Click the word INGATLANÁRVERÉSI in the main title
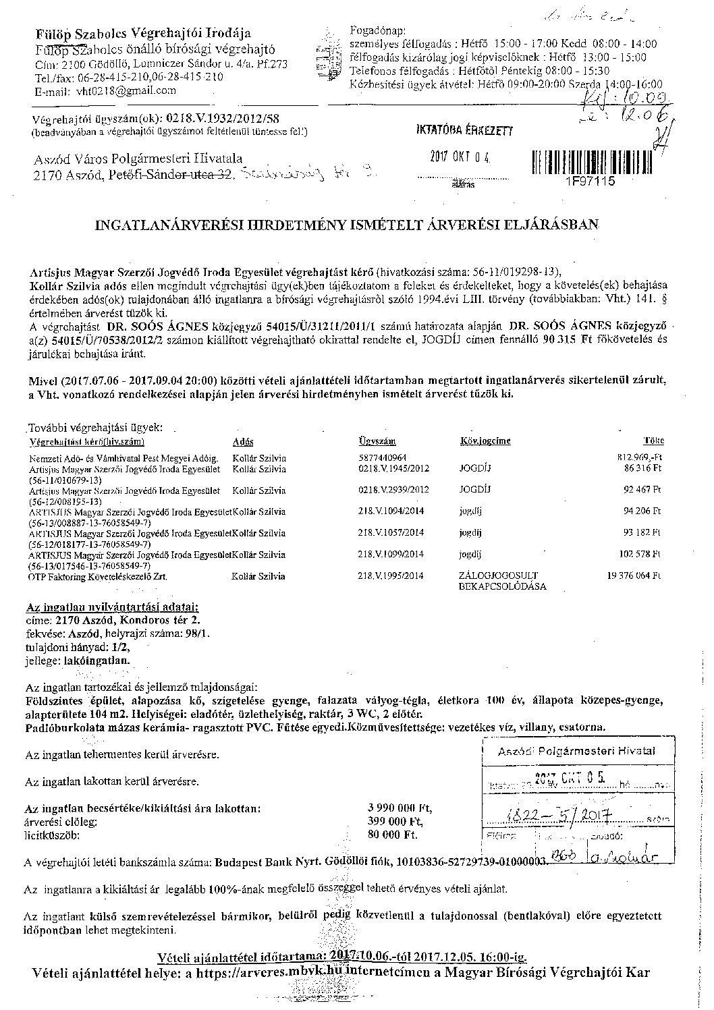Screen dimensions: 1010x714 tap(160, 223)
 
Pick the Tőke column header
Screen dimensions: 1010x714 tap(653, 441)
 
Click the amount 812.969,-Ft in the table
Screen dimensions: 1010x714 tap(640, 457)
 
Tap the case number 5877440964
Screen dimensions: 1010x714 tap(383, 457)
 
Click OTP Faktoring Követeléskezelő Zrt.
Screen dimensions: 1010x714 tap(98, 577)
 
